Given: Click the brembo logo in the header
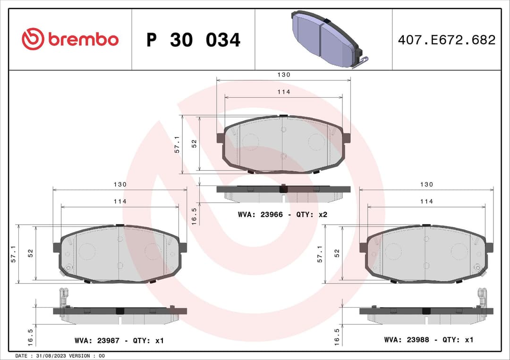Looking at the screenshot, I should click(x=70, y=40).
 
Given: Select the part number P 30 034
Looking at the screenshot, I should click(x=193, y=40).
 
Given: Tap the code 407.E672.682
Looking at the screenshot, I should click(x=446, y=40).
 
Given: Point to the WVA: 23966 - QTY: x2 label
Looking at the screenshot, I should click(x=282, y=215).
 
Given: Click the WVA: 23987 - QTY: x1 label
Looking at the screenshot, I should click(x=119, y=340).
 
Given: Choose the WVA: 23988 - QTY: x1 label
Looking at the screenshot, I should click(x=428, y=340).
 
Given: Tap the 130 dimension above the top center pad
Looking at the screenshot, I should click(x=284, y=75).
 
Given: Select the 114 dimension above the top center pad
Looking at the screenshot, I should click(x=284, y=92).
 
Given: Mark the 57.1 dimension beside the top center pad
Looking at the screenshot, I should click(x=177, y=144).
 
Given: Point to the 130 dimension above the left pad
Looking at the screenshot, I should click(x=120, y=184).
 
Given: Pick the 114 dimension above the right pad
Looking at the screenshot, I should click(x=426, y=201).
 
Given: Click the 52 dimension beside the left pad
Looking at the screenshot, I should click(x=31, y=253).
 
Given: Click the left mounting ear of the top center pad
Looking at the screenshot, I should click(x=220, y=138).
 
